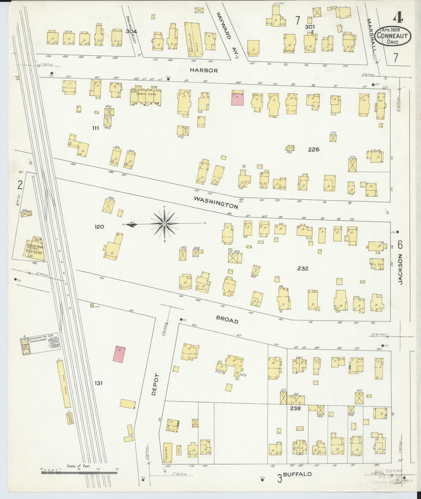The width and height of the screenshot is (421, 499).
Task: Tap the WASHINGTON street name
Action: [216, 203]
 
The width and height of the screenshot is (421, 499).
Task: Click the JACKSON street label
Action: [400, 269]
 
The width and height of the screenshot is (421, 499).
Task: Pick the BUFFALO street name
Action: [297, 474]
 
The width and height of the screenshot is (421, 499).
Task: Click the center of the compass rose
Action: [164, 223]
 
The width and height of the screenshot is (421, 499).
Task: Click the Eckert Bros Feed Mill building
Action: [35, 248]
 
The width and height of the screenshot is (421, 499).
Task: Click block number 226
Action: [313, 149]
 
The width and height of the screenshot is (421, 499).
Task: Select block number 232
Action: [303, 269]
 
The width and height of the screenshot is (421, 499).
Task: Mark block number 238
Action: [295, 408]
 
